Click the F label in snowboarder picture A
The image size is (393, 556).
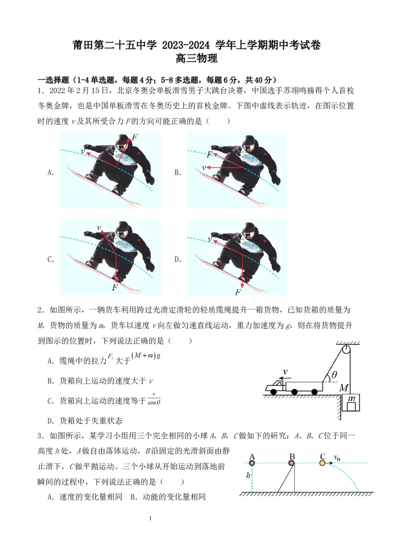134,137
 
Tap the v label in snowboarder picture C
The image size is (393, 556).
99,227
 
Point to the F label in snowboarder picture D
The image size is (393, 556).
238,292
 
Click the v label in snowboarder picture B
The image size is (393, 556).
204,167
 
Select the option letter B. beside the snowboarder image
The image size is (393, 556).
178,172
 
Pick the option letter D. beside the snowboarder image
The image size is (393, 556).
178,260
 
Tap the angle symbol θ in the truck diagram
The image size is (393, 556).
335,375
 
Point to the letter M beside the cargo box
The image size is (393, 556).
343,388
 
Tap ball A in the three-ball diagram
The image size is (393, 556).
252,462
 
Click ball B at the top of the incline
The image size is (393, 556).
291,462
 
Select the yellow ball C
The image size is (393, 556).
323,462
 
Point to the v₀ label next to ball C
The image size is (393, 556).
337,458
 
